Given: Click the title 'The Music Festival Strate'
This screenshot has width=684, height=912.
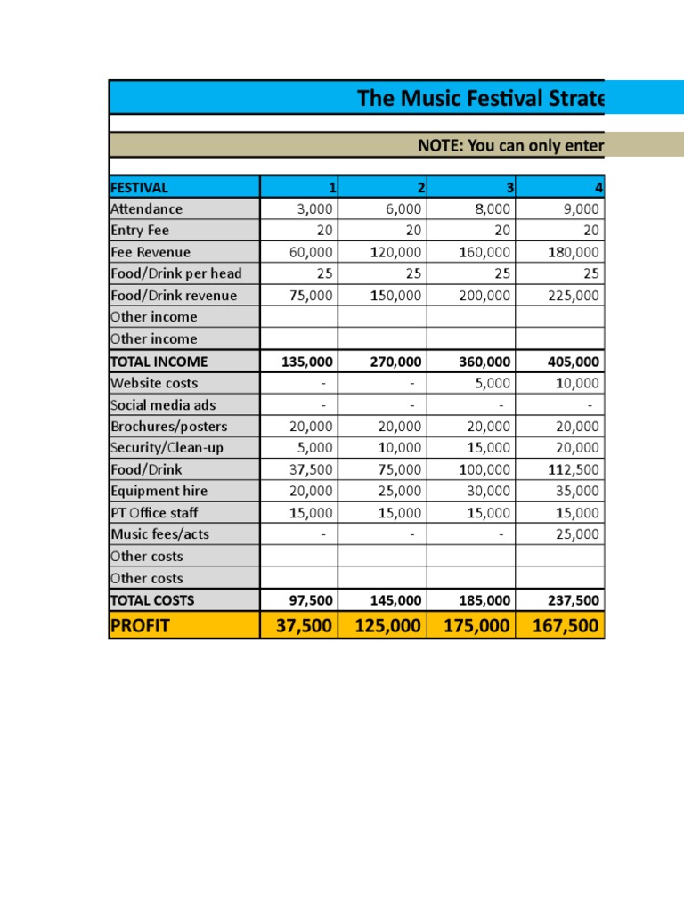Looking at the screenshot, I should pos(480,98).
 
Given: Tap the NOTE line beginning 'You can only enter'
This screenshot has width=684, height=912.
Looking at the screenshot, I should pos(511,146).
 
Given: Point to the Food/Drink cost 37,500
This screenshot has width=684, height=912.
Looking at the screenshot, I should pos(311,469).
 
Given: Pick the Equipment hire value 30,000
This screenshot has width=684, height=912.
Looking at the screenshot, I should pos(488,491).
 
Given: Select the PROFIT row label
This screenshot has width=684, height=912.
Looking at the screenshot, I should pos(140,626).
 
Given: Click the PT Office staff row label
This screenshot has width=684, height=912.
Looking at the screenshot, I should pos(154,513).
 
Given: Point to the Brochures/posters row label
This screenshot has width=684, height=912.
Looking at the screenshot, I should pos(168,427).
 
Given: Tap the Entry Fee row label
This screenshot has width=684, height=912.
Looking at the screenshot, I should pos(139,231).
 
